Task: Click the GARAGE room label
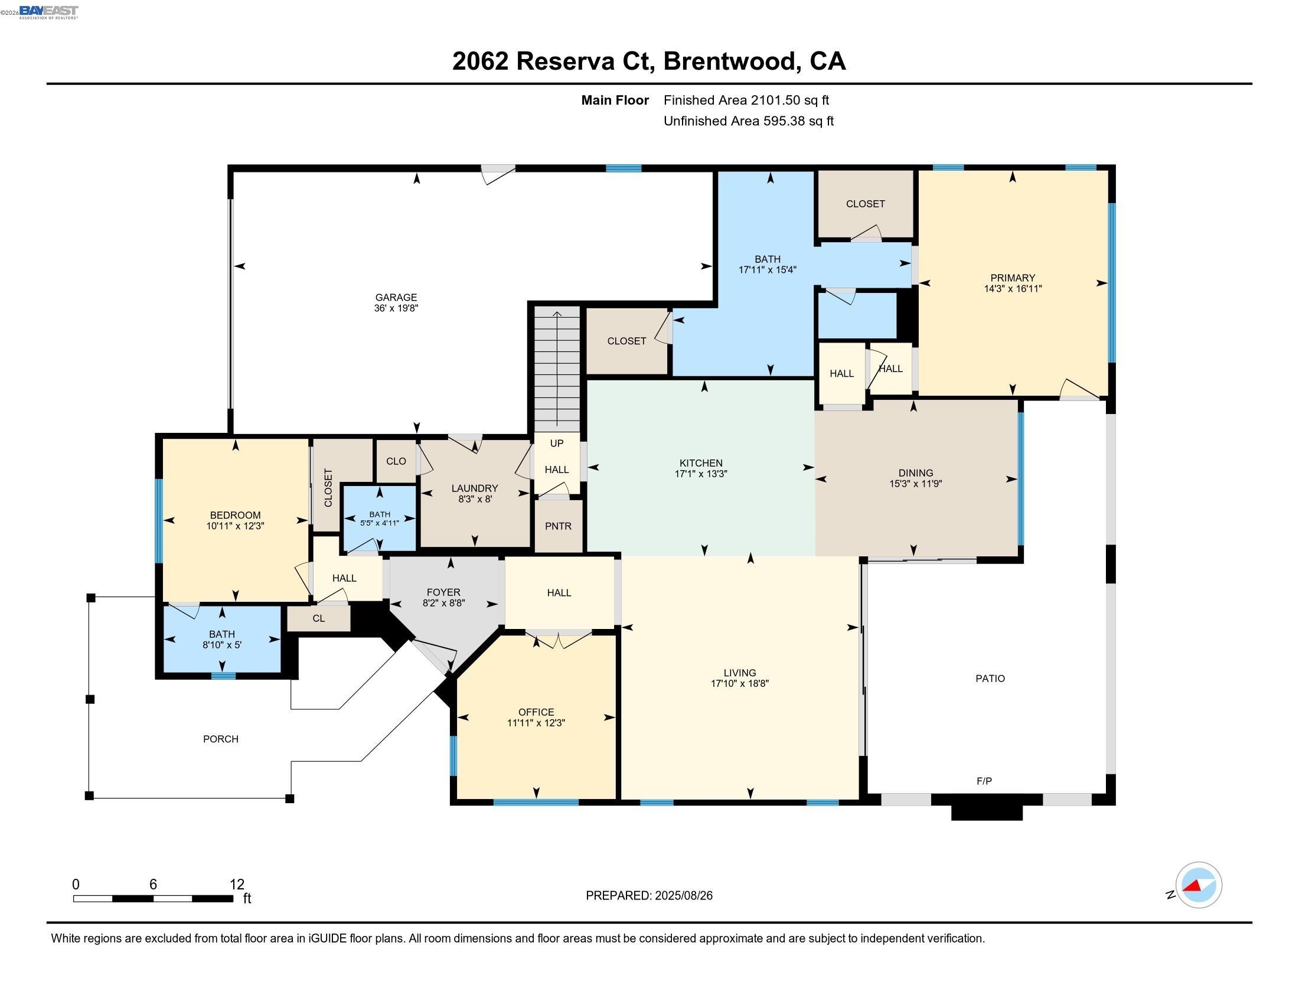click(396, 298)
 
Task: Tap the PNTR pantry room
click(558, 526)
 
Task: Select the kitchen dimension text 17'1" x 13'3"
click(701, 474)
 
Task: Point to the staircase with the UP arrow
click(557, 369)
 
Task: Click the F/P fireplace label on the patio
click(984, 781)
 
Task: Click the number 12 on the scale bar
click(237, 885)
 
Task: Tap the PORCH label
click(221, 739)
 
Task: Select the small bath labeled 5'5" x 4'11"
click(380, 519)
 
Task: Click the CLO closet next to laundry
click(396, 461)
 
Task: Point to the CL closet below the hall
click(319, 618)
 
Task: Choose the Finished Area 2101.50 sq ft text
click(746, 100)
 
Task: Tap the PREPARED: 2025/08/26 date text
click(649, 895)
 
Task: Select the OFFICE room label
click(536, 712)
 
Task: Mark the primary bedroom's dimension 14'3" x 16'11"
click(1012, 288)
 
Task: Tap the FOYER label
click(443, 592)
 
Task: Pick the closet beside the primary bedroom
click(865, 204)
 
